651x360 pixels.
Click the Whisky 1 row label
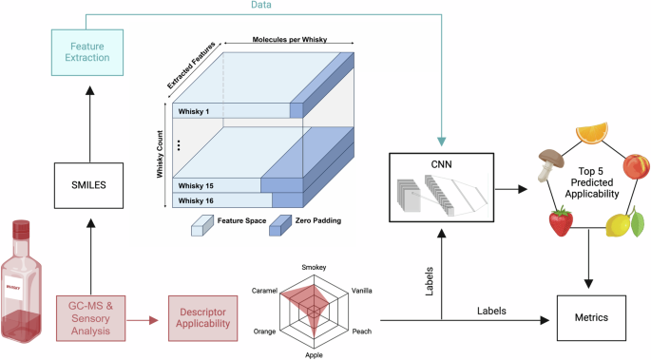tap(194, 111)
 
